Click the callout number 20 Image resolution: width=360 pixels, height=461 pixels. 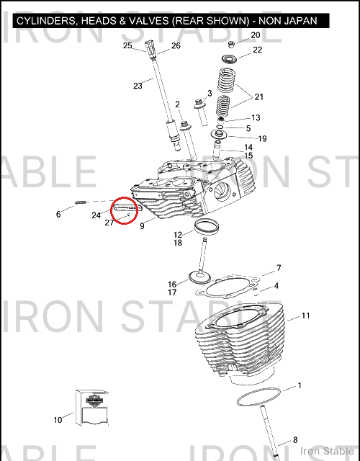click(256, 35)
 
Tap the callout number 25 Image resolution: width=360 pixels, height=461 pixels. click(127, 45)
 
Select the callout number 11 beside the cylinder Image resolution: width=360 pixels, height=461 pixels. click(305, 315)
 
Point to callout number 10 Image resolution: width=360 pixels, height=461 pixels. click(58, 420)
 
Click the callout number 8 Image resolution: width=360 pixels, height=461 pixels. click(295, 440)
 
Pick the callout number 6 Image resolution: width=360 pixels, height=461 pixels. click(58, 215)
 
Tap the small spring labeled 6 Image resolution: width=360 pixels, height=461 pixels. click(80, 202)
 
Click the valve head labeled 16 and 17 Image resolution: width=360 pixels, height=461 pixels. click(200, 277)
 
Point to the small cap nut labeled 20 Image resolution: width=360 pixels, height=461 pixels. click(232, 45)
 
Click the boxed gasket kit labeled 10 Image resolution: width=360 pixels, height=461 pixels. click(92, 408)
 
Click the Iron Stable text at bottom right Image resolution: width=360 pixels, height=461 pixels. click(327, 451)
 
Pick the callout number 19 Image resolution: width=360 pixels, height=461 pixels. click(262, 138)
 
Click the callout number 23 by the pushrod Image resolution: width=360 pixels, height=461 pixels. click(138, 86)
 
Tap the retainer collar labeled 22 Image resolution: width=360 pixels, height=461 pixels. click(229, 59)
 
